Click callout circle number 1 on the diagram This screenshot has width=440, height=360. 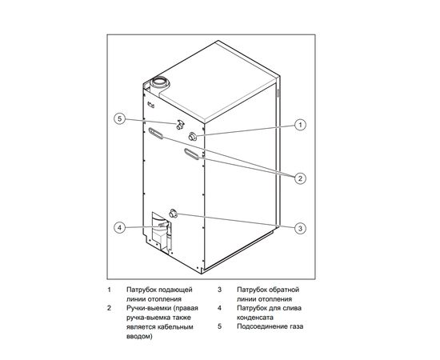300,125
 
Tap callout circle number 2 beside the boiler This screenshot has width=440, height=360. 300,178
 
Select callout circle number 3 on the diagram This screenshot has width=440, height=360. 300,228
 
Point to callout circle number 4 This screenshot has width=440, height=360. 120,228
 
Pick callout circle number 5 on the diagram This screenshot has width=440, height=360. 120,119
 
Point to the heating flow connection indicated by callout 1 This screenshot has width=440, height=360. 194,137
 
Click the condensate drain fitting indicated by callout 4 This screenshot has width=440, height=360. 162,226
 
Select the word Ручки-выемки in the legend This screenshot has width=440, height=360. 149,308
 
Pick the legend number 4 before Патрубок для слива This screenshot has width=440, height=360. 218,308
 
